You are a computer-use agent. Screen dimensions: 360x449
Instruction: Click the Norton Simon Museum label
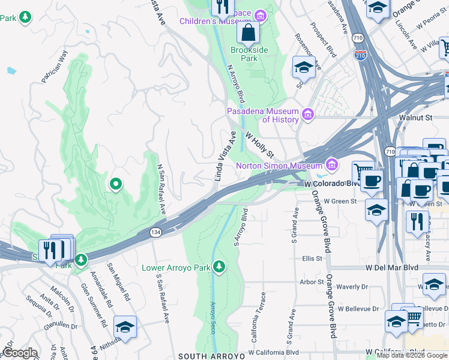[x=279, y=166]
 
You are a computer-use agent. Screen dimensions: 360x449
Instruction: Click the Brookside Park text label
[x=249, y=55]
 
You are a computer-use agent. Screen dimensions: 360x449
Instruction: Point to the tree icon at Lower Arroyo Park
[x=220, y=266]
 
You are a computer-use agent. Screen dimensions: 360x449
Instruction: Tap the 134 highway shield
[x=155, y=232]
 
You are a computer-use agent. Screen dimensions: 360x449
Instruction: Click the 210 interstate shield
[x=360, y=56]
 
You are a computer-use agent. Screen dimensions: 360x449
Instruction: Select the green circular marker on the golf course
[x=115, y=184]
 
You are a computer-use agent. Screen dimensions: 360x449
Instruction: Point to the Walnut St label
[x=420, y=119]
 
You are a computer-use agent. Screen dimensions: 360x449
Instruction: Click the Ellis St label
[x=312, y=259]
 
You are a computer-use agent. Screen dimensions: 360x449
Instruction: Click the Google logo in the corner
[x=19, y=353]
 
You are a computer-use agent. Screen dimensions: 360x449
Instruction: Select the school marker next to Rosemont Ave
[x=304, y=68]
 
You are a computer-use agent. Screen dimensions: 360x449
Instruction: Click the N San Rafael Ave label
[x=161, y=190]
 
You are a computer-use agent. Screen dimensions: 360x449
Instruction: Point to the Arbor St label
[x=312, y=281]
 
